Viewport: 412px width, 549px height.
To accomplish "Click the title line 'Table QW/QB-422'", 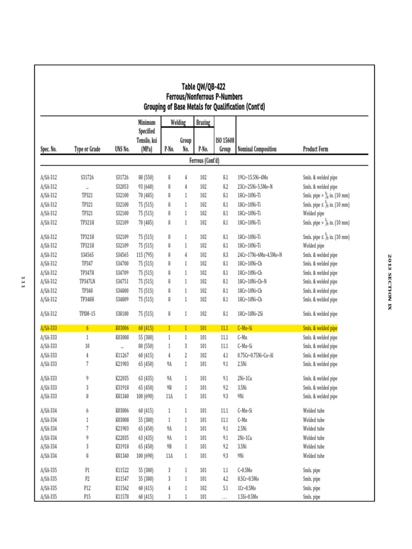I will click(x=204, y=87).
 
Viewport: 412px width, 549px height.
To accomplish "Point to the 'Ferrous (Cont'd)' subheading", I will click(x=204, y=160).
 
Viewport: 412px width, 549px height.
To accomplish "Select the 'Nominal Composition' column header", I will click(x=257, y=149).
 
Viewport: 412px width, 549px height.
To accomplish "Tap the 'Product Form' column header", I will click(x=315, y=149).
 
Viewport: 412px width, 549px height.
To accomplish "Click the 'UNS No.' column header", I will click(x=122, y=149).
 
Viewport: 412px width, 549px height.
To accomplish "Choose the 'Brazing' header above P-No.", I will click(x=203, y=123).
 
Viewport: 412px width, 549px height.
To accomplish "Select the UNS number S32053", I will click(x=122, y=187).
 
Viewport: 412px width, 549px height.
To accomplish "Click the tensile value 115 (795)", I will click(x=146, y=255).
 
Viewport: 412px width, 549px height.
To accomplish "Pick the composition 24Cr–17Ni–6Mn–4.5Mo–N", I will click(x=260, y=255).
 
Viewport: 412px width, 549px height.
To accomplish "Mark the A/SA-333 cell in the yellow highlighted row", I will click(x=48, y=328).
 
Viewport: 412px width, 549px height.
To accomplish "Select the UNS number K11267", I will click(x=122, y=355).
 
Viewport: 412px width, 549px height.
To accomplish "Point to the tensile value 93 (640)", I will click(x=146, y=187).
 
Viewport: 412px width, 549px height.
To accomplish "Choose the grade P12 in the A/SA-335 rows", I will click(x=87, y=488).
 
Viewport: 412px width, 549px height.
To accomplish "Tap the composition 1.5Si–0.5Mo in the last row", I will click(x=248, y=497).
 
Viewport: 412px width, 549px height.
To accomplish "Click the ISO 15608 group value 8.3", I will click(x=225, y=255).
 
